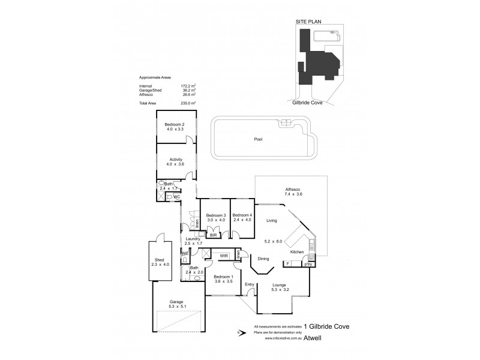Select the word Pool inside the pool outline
pyautogui.click(x=258, y=139)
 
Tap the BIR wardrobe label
pyautogui.click(x=214, y=236)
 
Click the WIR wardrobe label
pyautogui.click(x=224, y=256)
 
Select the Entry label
pyautogui.click(x=249, y=285)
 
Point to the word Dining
pyautogui.click(x=263, y=259)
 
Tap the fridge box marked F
pyautogui.click(x=289, y=263)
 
